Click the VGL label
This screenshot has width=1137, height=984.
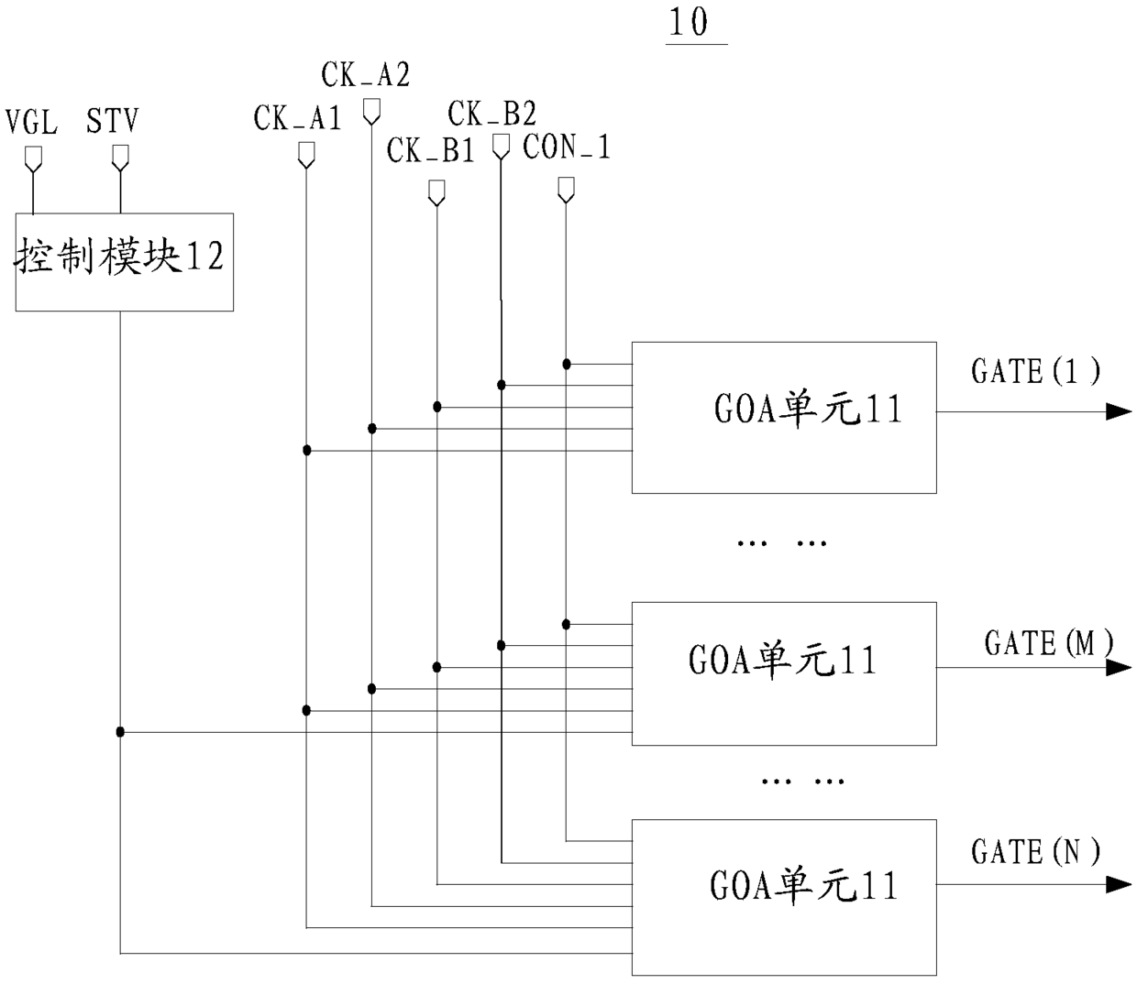point(31,122)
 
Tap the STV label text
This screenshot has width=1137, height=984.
point(112,120)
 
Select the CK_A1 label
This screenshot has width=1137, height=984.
point(297,117)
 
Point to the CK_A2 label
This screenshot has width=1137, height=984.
point(365,74)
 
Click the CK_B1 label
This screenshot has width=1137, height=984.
point(431,149)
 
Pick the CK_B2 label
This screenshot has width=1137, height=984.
point(491,114)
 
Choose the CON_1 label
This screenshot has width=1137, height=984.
point(567,147)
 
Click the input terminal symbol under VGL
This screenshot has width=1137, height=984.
point(33,159)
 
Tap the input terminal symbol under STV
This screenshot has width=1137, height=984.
point(120,158)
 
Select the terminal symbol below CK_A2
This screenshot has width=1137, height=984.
point(372,112)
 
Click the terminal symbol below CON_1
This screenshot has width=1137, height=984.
point(566,191)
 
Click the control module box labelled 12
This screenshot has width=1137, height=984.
point(125,262)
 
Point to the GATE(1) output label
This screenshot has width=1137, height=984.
point(1035,371)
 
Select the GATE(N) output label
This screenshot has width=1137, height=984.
point(1035,851)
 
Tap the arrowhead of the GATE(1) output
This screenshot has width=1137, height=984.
point(1119,411)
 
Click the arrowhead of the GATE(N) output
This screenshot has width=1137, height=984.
point(1119,884)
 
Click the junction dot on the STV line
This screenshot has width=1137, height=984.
point(120,732)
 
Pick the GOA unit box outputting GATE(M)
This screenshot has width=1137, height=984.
point(784,674)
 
